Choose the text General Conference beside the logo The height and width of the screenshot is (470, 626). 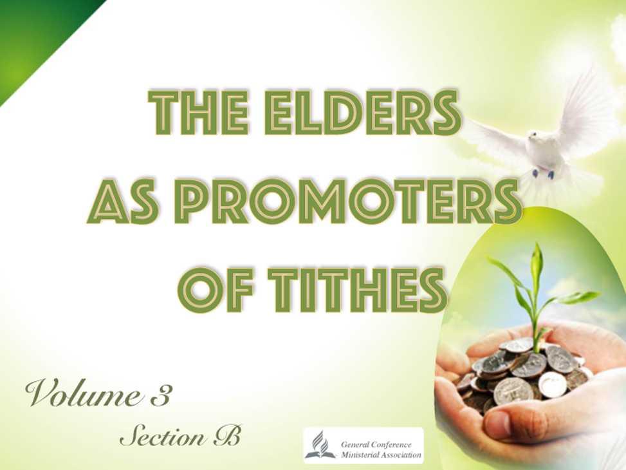376,444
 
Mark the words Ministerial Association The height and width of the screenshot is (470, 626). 380,455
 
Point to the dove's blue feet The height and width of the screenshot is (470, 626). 542,174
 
